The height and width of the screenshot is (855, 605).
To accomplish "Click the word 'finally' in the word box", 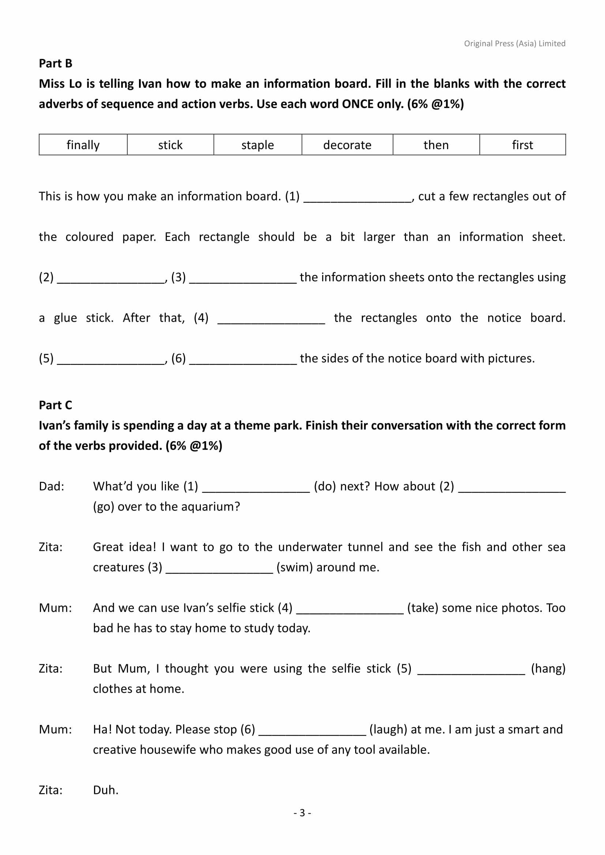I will pyautogui.click(x=83, y=145).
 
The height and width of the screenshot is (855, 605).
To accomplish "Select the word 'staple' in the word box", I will pyautogui.click(x=258, y=145).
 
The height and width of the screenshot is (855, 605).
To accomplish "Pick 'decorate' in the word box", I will pyautogui.click(x=347, y=145).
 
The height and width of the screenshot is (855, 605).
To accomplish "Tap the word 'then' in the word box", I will pyautogui.click(x=436, y=145).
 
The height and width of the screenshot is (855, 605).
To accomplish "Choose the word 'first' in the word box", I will pyautogui.click(x=522, y=145).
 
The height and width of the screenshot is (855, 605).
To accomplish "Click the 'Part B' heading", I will pyautogui.click(x=56, y=63).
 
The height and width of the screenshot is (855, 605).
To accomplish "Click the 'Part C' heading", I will pyautogui.click(x=56, y=405).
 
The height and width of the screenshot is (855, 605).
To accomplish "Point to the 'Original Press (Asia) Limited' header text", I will pyautogui.click(x=515, y=43).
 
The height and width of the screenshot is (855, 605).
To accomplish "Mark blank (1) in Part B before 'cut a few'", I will pyautogui.click(x=358, y=197).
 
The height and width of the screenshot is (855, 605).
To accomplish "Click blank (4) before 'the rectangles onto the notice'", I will pyautogui.click(x=271, y=319).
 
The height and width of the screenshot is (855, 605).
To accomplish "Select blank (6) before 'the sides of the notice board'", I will pyautogui.click(x=243, y=360).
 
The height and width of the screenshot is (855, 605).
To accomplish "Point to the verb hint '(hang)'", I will pyautogui.click(x=548, y=669).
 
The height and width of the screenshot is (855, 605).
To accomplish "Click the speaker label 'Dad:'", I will pyautogui.click(x=52, y=486).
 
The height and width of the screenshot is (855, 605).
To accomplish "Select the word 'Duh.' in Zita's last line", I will pyautogui.click(x=106, y=790).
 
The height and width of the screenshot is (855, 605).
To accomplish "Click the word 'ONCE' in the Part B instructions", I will pyautogui.click(x=358, y=104).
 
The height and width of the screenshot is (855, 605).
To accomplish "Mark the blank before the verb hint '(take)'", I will pyautogui.click(x=350, y=609).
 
